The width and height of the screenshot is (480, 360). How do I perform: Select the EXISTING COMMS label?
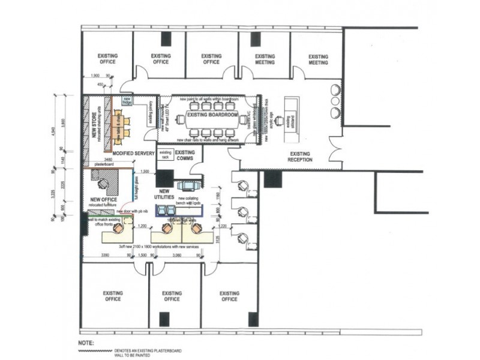click(x=185, y=155)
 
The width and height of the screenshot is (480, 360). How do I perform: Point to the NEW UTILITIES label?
click(x=163, y=194)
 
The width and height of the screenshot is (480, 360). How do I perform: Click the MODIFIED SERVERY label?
click(x=134, y=154)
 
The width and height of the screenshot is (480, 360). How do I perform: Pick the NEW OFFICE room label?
click(x=103, y=200)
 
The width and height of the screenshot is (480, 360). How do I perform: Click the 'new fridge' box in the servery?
click(x=127, y=100)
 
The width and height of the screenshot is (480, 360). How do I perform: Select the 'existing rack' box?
click(x=166, y=154)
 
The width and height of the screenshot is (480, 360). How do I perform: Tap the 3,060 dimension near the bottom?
click(x=176, y=255)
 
